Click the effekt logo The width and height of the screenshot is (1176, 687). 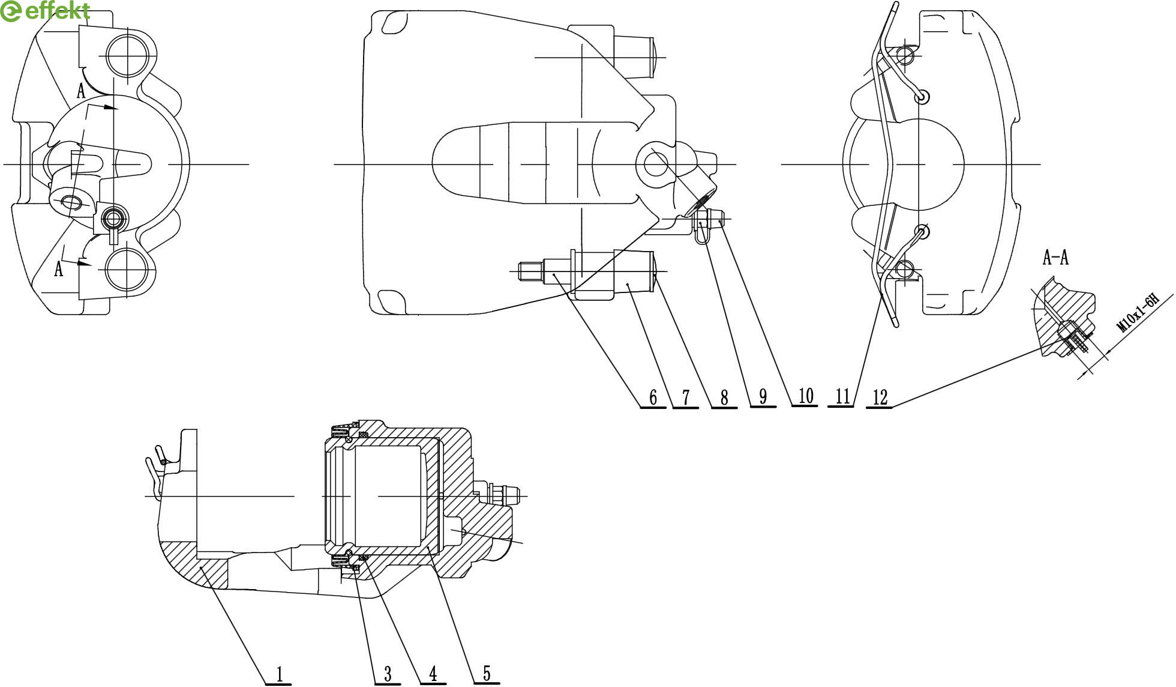46,11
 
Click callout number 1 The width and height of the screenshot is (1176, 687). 280,674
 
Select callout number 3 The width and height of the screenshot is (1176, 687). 388,674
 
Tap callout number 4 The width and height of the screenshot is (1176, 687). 433,674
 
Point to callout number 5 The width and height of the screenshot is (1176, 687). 487,674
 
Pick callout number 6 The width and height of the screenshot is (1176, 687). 653,397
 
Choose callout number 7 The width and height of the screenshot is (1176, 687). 686,397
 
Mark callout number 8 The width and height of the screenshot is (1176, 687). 724,397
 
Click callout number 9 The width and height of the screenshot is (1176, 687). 763,396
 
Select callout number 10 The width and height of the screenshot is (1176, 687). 805,396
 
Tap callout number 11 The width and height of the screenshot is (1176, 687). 842,396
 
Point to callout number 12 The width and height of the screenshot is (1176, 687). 880,397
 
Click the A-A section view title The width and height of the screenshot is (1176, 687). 1055,258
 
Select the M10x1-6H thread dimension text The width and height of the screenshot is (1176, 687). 1138,313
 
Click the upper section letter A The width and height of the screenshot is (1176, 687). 81,91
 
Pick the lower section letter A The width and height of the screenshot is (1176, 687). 58,268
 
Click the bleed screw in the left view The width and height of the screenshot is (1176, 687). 113,219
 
